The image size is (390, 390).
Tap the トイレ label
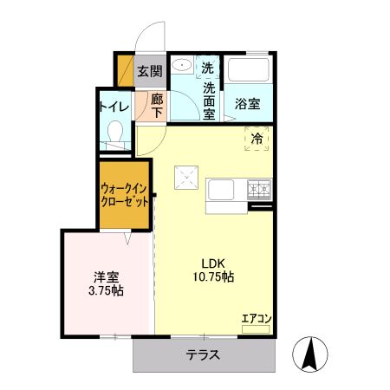(114, 107)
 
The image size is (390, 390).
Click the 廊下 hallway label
(157, 106)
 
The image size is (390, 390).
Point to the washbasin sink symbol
(183, 67)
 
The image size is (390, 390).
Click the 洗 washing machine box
(208, 67)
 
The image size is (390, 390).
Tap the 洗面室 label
(209, 100)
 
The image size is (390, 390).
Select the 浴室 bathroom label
(248, 102)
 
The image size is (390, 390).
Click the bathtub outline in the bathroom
(249, 70)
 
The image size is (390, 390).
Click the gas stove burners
(259, 187)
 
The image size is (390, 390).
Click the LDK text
(214, 263)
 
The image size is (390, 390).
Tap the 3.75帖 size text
(106, 291)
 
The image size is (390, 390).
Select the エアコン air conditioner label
(257, 319)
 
